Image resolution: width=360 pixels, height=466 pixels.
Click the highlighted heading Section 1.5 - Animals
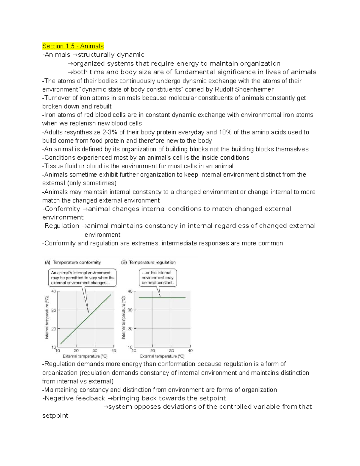tap(73, 46)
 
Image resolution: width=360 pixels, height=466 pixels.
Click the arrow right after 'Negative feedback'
tap(109, 398)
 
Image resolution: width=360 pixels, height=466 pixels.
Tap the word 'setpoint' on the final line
tap(55, 416)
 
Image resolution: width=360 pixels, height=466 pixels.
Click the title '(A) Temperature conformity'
tap(73, 262)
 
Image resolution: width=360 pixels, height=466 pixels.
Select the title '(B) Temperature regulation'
tap(148, 262)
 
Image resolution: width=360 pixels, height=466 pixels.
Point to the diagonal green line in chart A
tap(85, 319)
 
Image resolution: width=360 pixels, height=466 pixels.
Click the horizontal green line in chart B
tap(162, 298)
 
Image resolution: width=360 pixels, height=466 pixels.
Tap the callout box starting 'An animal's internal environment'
tap(82, 278)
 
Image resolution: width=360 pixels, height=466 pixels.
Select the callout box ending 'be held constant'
tap(158, 278)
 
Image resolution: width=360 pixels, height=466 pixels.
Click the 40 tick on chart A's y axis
tap(54, 291)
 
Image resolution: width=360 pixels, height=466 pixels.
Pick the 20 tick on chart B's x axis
tap(153, 350)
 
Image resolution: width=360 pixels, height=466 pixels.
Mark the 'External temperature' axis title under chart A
tap(85, 356)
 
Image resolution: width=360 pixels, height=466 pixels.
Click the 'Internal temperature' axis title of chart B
tap(123, 318)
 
